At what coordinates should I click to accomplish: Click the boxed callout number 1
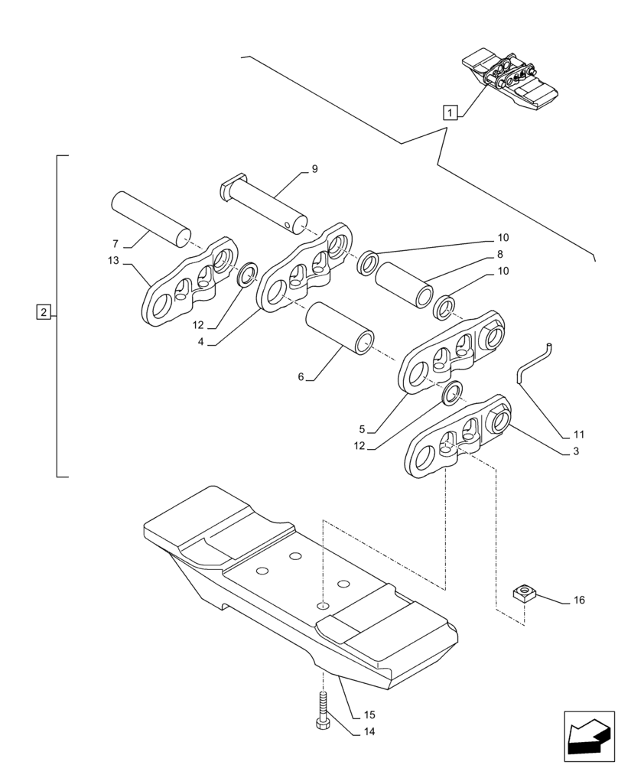450,112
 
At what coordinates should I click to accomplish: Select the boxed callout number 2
44,312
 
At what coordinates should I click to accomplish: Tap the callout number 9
314,169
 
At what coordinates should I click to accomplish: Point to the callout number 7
115,244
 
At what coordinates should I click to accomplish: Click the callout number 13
114,261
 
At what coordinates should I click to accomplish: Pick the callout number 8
499,255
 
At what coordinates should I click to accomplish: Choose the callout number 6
301,376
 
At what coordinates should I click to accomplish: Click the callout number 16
578,601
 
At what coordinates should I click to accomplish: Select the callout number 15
369,715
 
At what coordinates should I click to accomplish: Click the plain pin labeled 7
150,216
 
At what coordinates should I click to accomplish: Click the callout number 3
575,451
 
